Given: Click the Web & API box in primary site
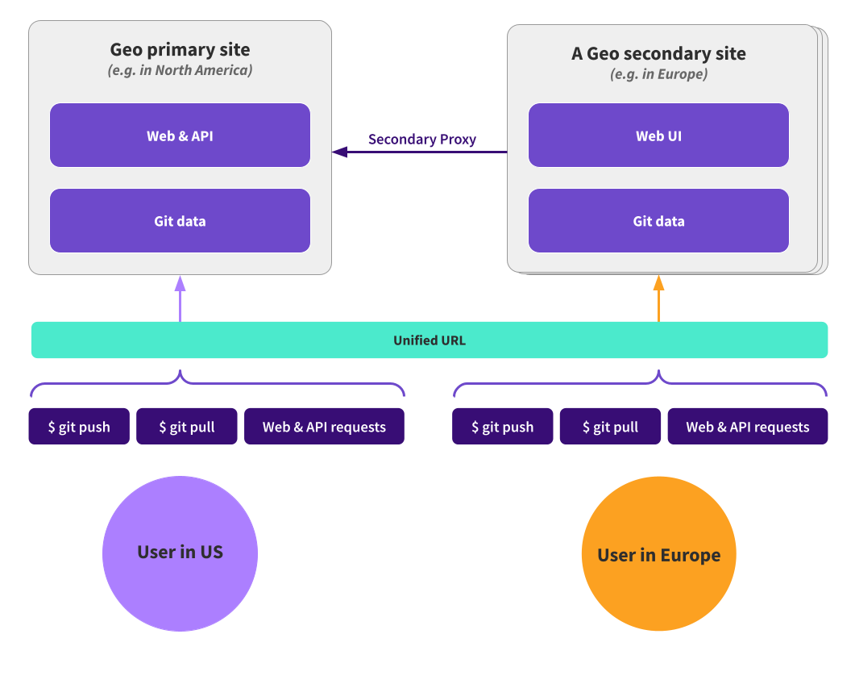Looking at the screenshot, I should [x=180, y=136].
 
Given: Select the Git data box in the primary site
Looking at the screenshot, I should [x=180, y=221].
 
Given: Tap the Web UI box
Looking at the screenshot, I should [x=658, y=136].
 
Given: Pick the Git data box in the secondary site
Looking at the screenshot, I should [x=658, y=221].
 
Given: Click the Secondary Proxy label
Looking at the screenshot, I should [x=422, y=140].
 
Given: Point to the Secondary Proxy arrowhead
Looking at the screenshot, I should [x=339, y=151].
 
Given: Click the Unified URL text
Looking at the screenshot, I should [x=429, y=340].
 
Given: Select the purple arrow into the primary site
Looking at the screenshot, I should [x=180, y=298].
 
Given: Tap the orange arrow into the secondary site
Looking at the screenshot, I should [x=658, y=298].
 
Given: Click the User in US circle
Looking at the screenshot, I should [x=180, y=553].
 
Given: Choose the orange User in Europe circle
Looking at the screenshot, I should [x=658, y=554].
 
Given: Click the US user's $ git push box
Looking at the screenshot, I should [x=79, y=427].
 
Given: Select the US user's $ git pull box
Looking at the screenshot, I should [x=187, y=427].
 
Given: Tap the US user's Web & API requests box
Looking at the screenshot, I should [x=324, y=427].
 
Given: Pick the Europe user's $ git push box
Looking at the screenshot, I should [x=503, y=427].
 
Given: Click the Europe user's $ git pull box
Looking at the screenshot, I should [x=610, y=427].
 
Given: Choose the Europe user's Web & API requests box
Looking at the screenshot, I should [x=747, y=427].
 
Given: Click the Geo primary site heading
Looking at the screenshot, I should [x=180, y=49].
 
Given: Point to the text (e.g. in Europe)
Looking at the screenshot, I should [x=658, y=74].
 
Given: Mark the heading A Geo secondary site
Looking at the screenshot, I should [x=658, y=53].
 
